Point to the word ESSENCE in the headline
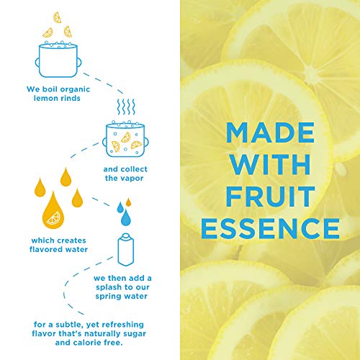270,228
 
